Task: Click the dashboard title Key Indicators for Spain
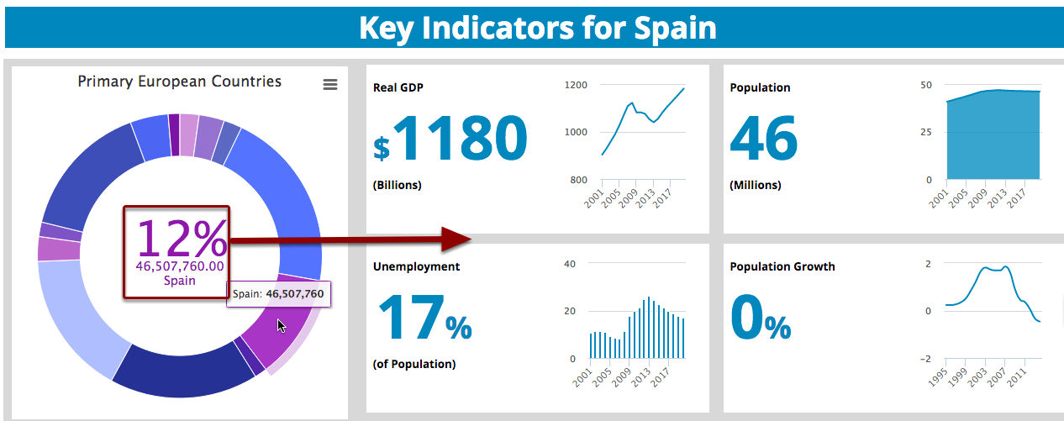[537, 28]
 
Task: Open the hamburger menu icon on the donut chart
[330, 84]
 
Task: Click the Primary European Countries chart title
[180, 82]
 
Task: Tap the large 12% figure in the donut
[182, 238]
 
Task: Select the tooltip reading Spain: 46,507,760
[278, 294]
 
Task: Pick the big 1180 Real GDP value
[461, 139]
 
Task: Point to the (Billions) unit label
[398, 185]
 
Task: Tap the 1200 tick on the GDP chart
[576, 85]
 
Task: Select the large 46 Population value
[763, 139]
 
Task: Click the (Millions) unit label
[756, 185]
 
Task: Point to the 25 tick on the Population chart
[926, 132]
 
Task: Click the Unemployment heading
[416, 266]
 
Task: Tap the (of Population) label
[414, 364]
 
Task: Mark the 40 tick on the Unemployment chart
[569, 264]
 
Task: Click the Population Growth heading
[782, 266]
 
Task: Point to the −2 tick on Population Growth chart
[924, 359]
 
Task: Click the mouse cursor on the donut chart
[282, 326]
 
